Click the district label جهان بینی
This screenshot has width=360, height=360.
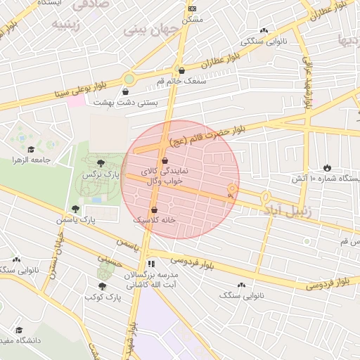tap(151, 30)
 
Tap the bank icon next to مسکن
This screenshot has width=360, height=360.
tap(193, 8)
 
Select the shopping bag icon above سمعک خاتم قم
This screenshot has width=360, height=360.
tap(181, 70)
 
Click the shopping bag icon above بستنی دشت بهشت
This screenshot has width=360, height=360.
tap(126, 91)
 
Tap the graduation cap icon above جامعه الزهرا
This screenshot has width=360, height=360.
tap(31, 149)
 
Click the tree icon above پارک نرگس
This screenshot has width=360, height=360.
tap(106, 162)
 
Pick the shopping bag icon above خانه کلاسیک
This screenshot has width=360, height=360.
tap(155, 210)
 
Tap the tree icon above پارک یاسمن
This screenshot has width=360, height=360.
tap(75, 209)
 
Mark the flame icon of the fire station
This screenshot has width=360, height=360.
tap(327, 167)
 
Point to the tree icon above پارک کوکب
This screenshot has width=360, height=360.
tap(103, 286)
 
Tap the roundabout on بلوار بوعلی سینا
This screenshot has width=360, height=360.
tap(130, 79)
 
